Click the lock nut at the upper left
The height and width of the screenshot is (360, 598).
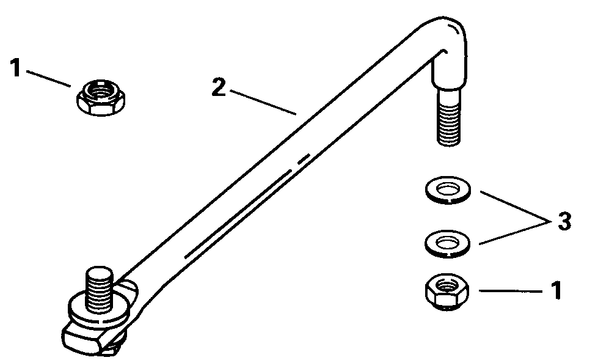tap(102, 98)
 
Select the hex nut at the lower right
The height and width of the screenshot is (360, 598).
tap(447, 292)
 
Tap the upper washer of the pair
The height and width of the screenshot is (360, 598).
tap(448, 189)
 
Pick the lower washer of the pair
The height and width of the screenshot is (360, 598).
tap(447, 243)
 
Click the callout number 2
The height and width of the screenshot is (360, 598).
tap(219, 87)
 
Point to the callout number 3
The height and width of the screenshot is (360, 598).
tap(564, 221)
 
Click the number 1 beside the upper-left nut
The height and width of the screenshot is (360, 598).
tap(15, 68)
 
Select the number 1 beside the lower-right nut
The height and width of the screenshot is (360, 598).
tap(556, 291)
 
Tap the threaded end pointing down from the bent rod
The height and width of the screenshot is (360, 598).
tap(449, 117)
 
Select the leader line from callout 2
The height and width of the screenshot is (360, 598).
tap(263, 102)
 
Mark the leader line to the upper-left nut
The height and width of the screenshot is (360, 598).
tap(48, 79)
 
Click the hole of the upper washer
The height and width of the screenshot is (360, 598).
tap(448, 188)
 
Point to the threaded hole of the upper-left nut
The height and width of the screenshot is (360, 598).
tap(100, 92)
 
